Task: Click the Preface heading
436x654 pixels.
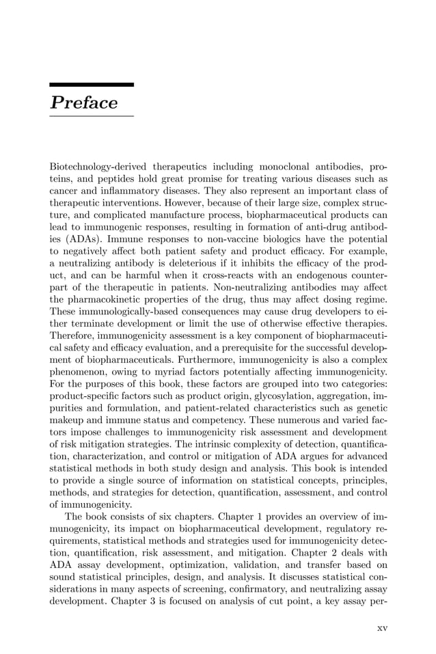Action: pos(84,103)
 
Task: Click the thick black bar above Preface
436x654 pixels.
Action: pos(92,85)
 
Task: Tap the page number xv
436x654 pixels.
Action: pos(382,628)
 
